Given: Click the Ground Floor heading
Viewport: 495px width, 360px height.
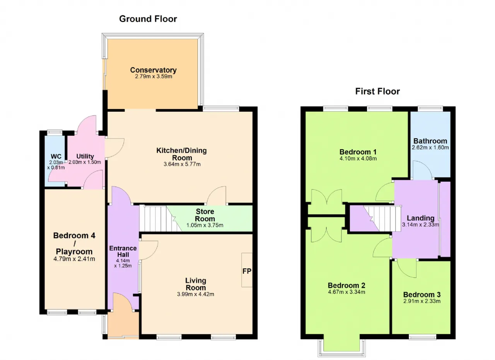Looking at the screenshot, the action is tap(148, 19).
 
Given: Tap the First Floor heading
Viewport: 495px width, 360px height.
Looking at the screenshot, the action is tap(377, 92).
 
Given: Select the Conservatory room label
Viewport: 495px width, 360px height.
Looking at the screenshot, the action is tap(154, 70).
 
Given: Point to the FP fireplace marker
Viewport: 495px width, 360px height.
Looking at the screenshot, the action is tap(247, 271).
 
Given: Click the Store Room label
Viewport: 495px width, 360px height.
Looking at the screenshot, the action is tap(205, 215).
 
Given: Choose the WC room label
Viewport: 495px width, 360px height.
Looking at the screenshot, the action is tap(56, 157).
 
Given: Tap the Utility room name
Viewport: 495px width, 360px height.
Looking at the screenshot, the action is tap(85, 157).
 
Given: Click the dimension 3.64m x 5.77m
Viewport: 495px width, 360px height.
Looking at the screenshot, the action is tap(182, 164).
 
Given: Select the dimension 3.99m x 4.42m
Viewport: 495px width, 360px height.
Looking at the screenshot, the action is tap(196, 294).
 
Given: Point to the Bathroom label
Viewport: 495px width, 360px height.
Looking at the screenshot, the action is tap(430, 141).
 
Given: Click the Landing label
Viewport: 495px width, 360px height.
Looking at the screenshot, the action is tap(420, 218).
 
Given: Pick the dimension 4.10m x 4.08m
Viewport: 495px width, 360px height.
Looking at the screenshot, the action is tap(358, 159).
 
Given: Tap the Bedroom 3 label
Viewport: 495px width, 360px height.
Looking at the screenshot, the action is tap(422, 295).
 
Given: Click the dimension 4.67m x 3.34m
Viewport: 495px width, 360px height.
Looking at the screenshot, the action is tap(346, 292).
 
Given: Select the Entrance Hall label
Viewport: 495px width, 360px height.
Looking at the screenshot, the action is tap(123, 251).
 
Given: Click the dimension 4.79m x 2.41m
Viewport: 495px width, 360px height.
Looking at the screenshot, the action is tap(74, 259).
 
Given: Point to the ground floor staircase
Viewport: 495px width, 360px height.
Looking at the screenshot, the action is tap(160, 218).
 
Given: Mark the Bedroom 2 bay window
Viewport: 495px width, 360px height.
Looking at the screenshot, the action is tap(341, 348).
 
